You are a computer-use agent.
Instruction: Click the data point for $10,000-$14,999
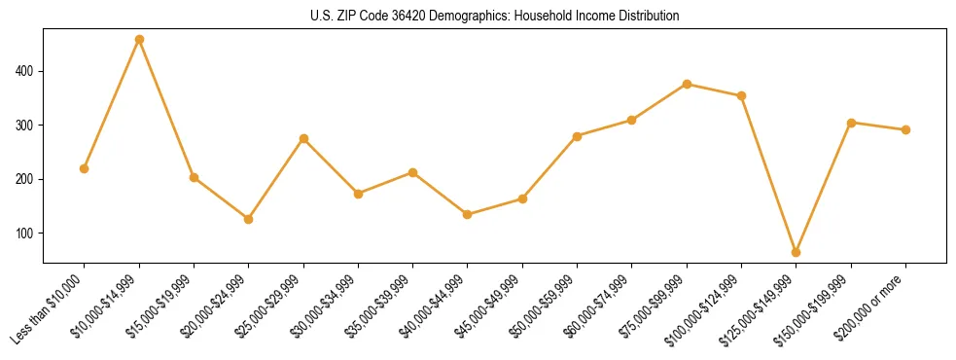click(x=139, y=40)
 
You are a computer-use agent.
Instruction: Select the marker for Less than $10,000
click(x=85, y=168)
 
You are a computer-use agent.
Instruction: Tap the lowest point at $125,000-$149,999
click(x=797, y=252)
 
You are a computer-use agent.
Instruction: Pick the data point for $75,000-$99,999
click(x=687, y=84)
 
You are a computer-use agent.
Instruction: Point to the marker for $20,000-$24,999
click(x=249, y=219)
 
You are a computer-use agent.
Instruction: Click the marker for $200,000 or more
click(x=905, y=129)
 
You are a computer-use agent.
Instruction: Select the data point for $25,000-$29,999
click(x=303, y=138)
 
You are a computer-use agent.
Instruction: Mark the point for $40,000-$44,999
click(x=468, y=214)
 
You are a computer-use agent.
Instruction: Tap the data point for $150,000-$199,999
click(x=851, y=123)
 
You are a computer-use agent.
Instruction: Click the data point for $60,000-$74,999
click(x=632, y=120)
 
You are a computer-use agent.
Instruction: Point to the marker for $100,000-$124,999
click(x=741, y=95)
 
